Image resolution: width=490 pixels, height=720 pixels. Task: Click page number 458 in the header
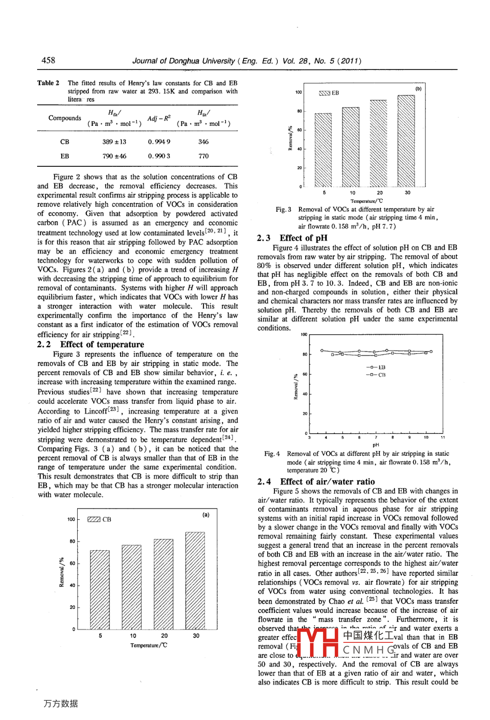point(48,60)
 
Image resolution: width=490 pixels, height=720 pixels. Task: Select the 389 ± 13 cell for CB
point(114,142)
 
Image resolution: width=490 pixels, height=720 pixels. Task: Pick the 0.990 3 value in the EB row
point(159,156)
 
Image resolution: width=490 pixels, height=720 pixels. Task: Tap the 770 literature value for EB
point(204,156)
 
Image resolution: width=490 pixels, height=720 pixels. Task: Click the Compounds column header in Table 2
point(65,118)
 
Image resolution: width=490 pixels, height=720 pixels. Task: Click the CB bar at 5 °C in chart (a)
point(100,589)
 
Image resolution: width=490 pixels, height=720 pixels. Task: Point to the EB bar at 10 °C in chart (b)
point(351,147)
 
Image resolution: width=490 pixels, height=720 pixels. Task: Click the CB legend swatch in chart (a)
point(94,519)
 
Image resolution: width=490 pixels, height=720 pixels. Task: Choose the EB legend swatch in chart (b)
point(324,93)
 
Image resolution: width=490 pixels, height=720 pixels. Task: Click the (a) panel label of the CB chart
point(206,515)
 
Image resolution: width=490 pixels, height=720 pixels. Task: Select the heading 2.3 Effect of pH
point(292,238)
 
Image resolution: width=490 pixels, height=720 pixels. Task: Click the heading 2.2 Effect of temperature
point(91,344)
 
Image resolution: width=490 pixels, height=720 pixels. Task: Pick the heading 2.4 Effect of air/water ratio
point(316,481)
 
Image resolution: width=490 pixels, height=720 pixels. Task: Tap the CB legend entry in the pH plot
point(376,375)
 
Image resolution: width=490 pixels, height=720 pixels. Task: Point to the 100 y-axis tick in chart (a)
point(71,519)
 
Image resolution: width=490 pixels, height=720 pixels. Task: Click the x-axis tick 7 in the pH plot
point(376,437)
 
